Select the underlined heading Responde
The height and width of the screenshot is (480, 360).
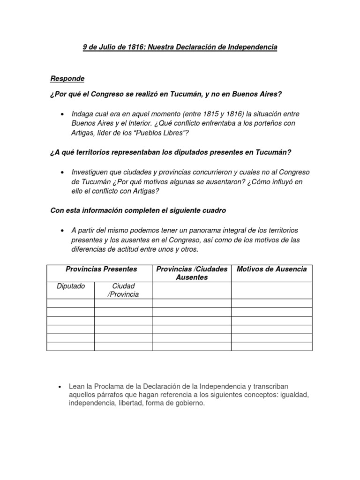[x=67, y=78]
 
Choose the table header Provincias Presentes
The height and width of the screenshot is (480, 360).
[x=101, y=269]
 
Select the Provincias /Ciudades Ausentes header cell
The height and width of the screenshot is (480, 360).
[x=191, y=273]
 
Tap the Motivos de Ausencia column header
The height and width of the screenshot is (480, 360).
[x=272, y=269]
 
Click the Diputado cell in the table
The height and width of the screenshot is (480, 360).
[x=71, y=286]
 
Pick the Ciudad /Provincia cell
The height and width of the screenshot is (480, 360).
[x=123, y=290]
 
